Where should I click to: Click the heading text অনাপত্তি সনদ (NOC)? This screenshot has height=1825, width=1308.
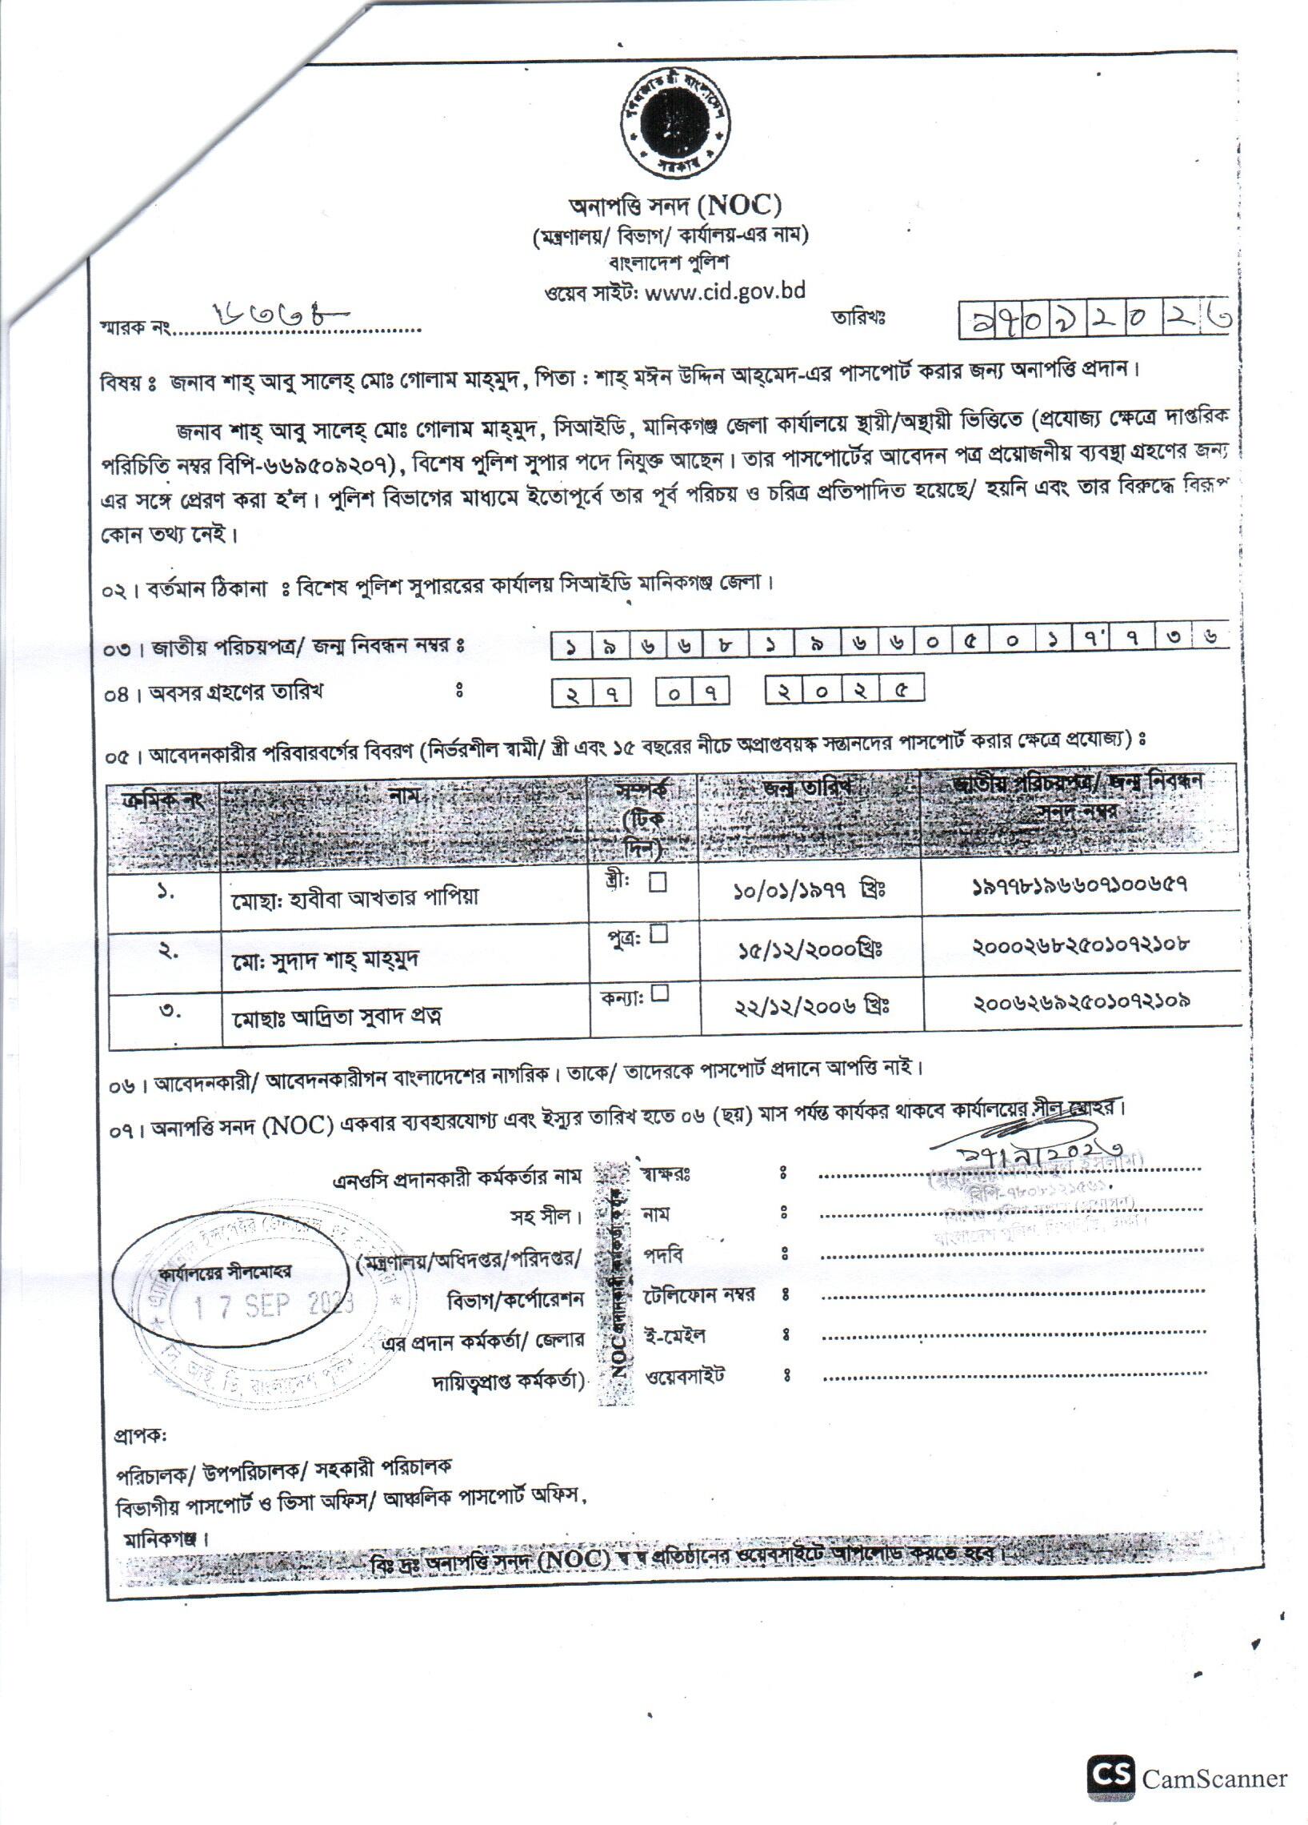(x=675, y=206)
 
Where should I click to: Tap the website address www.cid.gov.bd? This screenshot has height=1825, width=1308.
(x=725, y=291)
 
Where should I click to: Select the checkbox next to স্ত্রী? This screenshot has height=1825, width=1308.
(x=658, y=883)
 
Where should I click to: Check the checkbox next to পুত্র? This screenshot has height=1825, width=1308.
(x=659, y=934)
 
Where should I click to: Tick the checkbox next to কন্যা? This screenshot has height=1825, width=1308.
(x=660, y=993)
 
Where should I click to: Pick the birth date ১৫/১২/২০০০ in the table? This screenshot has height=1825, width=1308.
(x=810, y=950)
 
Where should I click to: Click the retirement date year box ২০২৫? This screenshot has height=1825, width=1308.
(x=844, y=691)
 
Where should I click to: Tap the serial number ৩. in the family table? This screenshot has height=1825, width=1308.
(x=167, y=1012)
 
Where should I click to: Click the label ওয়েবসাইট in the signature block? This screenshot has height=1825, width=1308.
(x=686, y=1375)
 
